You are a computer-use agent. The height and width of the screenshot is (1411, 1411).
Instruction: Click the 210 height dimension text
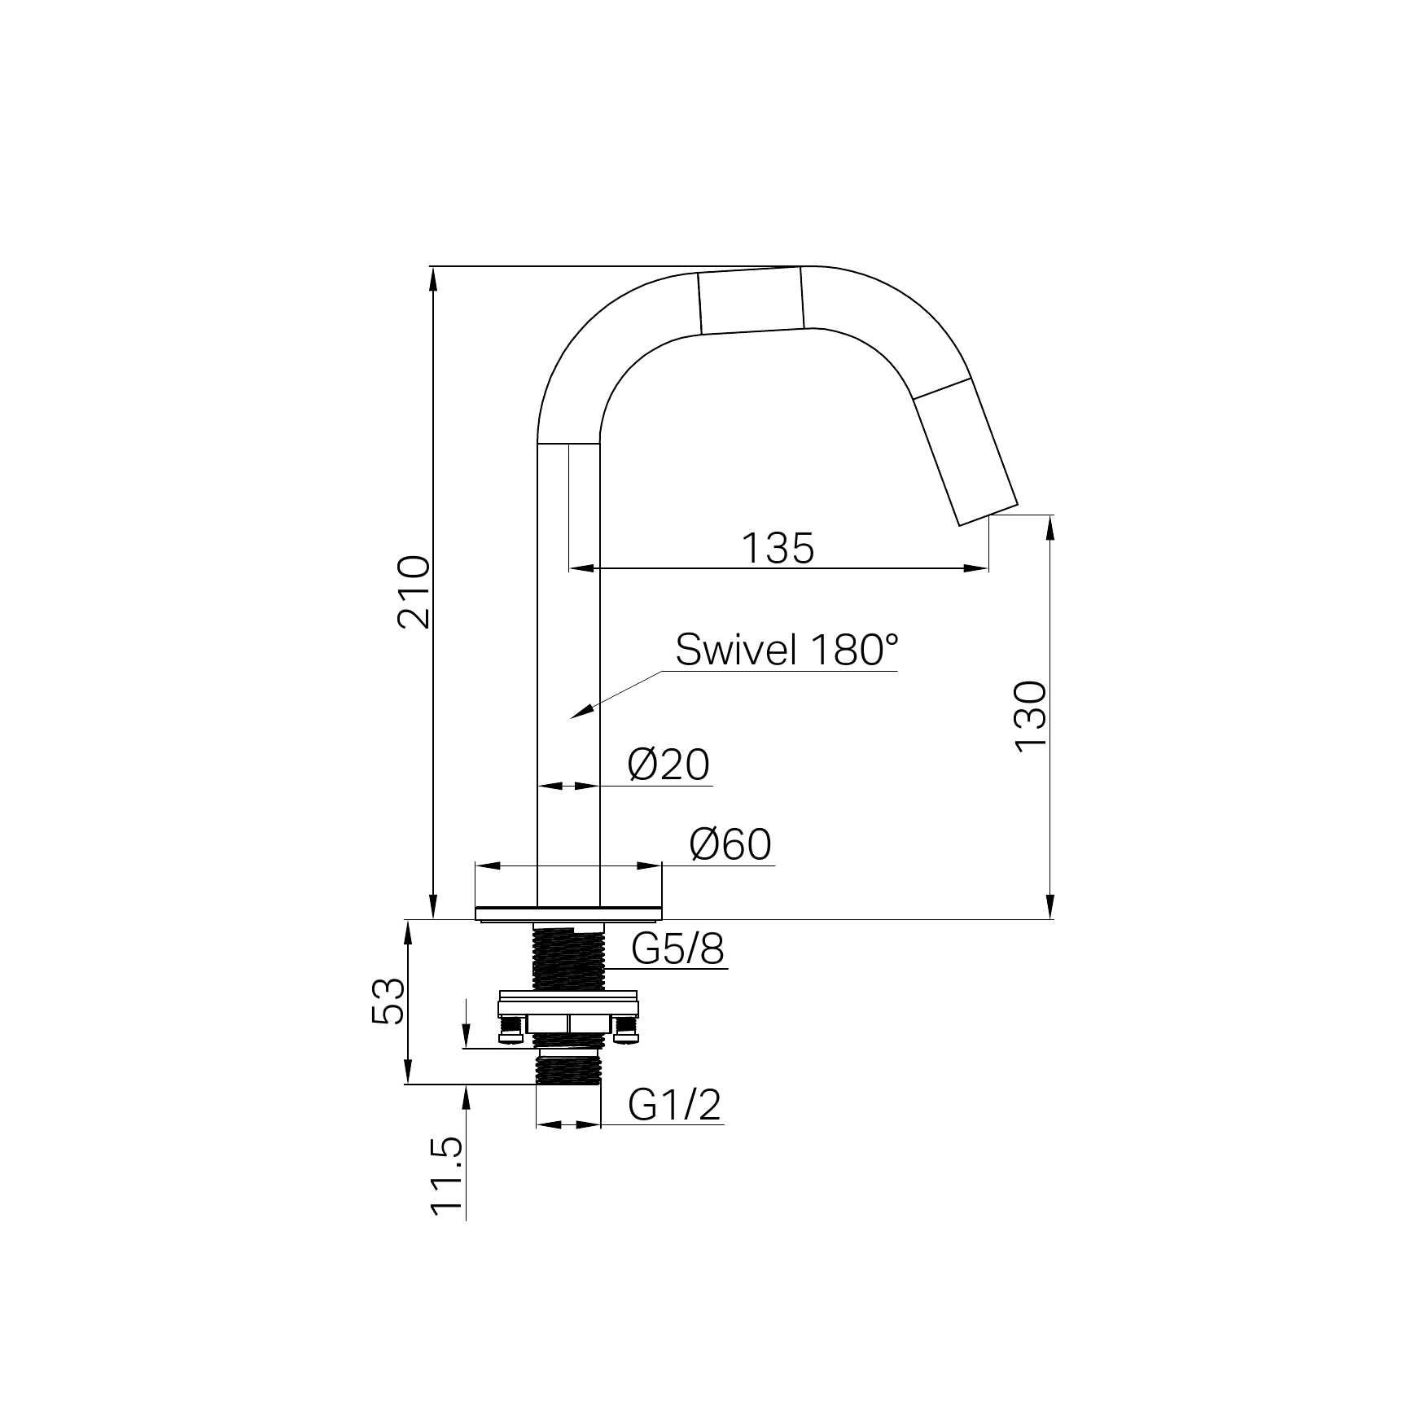coord(414,591)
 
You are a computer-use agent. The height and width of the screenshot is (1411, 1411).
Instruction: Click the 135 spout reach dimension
coord(778,548)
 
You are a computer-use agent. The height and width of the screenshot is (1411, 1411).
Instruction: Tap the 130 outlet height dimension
coord(1031,716)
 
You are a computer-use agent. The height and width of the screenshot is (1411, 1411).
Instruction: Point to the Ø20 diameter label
coord(668,765)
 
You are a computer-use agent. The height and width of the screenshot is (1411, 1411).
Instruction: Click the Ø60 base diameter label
coord(730,844)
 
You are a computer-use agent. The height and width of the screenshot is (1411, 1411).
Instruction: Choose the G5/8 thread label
coord(677,949)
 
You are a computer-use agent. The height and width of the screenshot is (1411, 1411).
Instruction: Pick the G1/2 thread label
coord(675,1105)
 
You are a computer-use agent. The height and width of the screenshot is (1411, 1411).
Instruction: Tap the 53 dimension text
coord(388,1001)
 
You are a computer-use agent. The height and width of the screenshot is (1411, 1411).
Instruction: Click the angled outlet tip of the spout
coord(988,515)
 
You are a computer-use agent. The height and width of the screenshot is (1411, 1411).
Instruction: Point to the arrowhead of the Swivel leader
coord(577,714)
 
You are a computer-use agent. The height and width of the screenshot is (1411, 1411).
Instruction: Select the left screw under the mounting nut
coord(511,1029)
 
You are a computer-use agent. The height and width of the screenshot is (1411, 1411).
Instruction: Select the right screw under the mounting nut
coord(626,1029)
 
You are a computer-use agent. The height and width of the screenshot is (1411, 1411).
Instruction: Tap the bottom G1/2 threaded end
coord(568,1068)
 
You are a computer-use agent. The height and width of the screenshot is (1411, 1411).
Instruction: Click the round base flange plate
coord(568,913)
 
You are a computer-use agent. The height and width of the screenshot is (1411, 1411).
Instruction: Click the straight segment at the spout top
coord(752,301)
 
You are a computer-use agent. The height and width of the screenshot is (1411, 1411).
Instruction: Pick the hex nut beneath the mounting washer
coord(568,1023)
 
